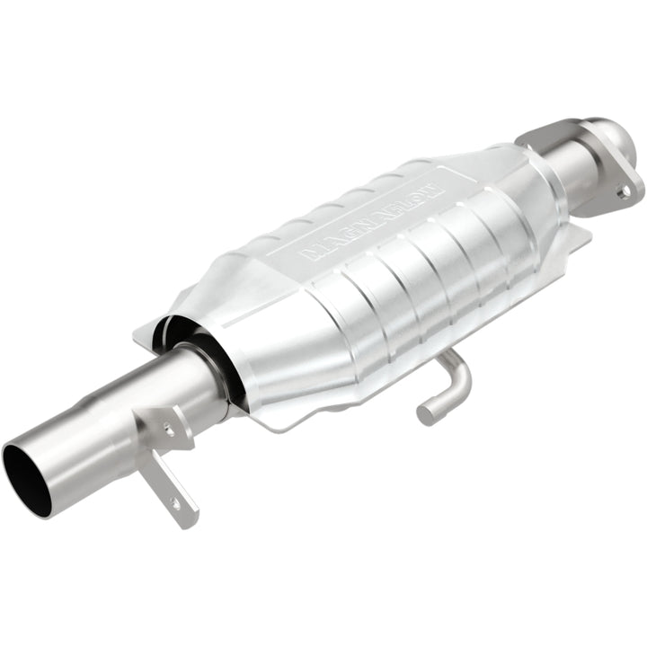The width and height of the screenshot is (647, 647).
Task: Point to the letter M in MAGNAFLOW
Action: coord(310,253)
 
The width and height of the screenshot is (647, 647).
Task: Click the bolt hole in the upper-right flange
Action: coord(621,191)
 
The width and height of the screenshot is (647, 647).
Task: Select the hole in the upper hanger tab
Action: coord(169,430)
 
